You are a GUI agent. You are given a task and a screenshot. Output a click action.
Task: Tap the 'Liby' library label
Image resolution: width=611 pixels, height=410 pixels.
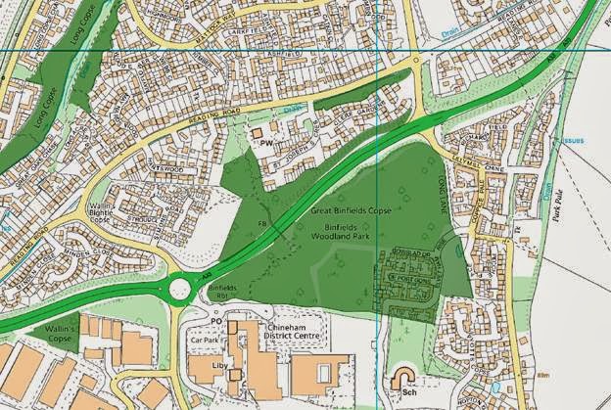219,374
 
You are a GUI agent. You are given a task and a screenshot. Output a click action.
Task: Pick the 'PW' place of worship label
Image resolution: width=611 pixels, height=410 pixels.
265,143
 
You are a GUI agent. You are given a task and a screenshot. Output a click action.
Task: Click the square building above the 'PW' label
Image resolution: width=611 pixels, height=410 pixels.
258,130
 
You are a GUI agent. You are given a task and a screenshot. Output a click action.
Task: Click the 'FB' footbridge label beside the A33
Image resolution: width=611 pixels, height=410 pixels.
262,223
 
